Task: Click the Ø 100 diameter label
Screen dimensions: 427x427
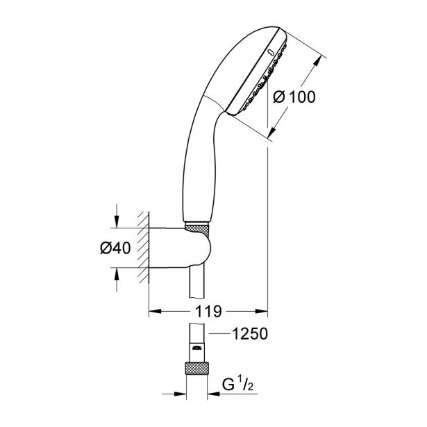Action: [x=294, y=97]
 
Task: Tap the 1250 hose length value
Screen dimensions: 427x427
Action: [x=249, y=335]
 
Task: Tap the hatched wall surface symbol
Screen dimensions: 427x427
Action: [x=143, y=246]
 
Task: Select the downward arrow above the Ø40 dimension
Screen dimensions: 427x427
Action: [x=117, y=220]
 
